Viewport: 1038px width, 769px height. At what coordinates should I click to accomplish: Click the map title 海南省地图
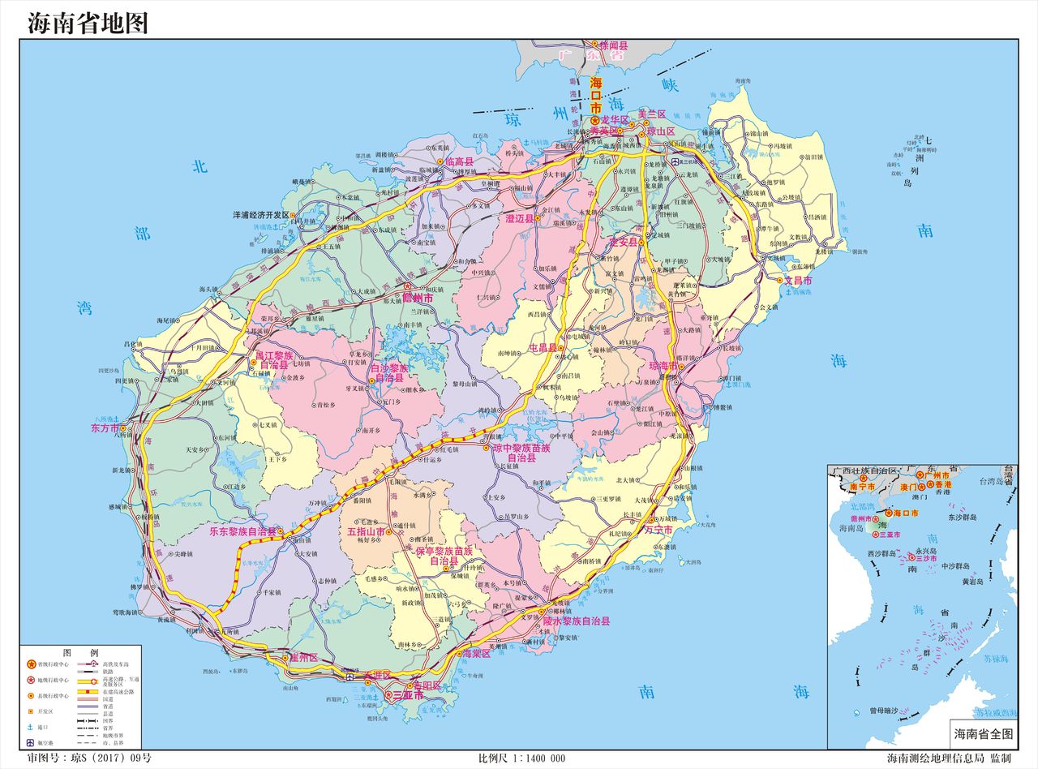coord(88,23)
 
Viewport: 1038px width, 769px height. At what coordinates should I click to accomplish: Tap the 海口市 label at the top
coord(596,95)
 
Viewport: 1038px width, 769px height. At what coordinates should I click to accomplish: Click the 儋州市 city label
coord(418,299)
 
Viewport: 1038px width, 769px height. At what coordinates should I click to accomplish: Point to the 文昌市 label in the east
coord(798,281)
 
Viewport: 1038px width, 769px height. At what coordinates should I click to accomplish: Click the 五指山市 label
coord(366,532)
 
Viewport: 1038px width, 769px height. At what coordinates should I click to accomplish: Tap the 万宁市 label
coord(658,529)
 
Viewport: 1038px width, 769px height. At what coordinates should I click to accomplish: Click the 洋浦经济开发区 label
coord(261,215)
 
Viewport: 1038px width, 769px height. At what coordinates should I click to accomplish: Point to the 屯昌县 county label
coord(543,347)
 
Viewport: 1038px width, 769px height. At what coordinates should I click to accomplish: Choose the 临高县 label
coord(460,162)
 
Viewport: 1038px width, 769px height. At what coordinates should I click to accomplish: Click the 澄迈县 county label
coord(520,219)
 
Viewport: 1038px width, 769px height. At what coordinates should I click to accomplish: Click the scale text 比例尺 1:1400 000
coord(521,758)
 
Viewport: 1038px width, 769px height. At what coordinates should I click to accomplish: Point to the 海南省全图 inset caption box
coord(984,733)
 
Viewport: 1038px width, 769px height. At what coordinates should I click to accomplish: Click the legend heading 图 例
coord(80,652)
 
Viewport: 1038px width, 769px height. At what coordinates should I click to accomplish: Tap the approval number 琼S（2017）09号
coord(89,758)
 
